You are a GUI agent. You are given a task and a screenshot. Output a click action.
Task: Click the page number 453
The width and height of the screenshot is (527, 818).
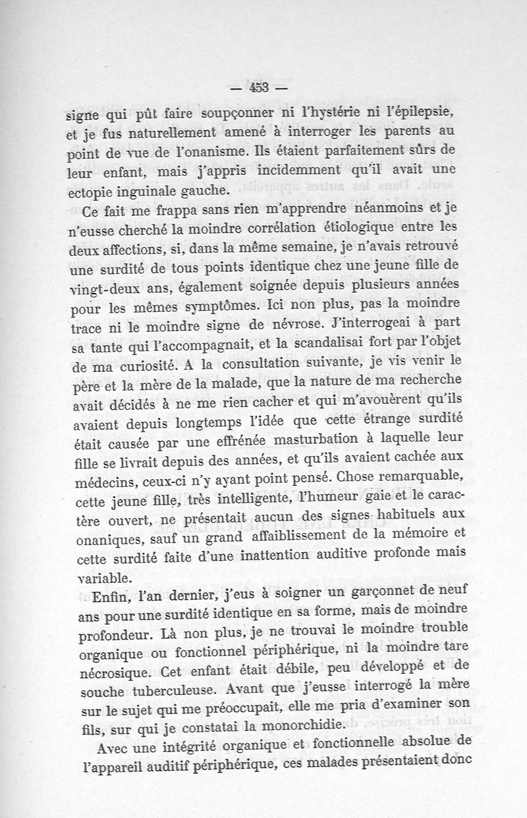click(260, 88)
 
